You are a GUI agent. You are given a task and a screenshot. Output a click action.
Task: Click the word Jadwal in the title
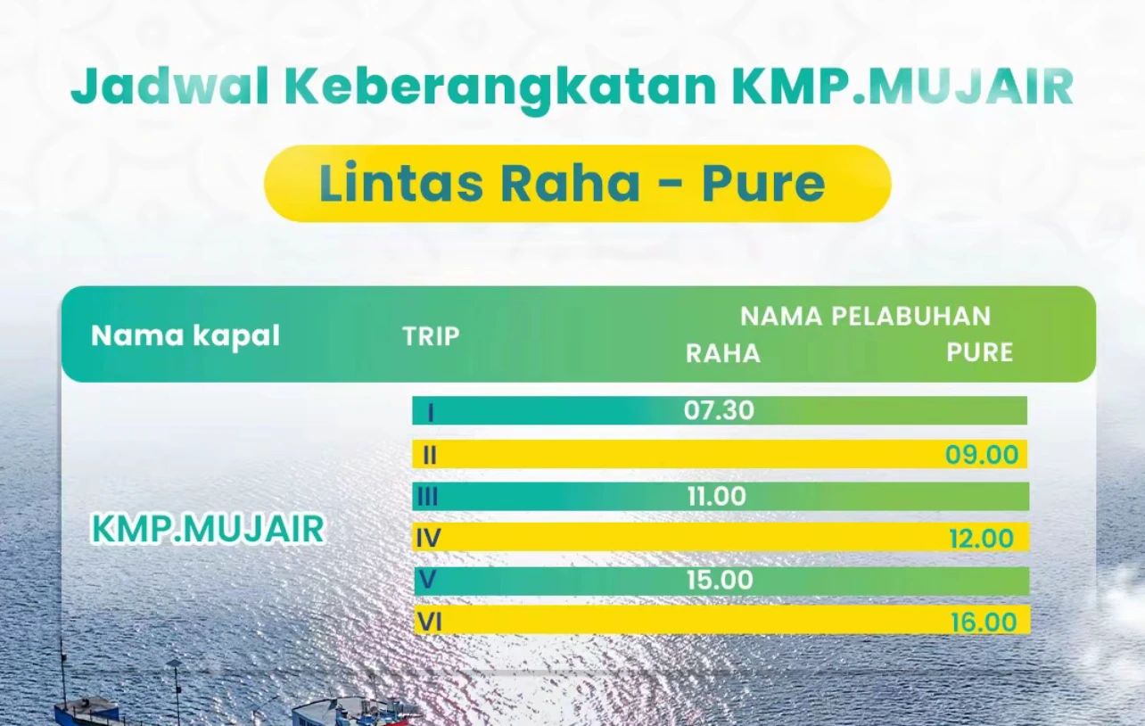coord(169,87)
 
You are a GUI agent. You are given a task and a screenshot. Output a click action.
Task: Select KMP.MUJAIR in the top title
coord(902,86)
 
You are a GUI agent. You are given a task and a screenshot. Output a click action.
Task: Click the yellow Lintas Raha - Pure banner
coord(578,184)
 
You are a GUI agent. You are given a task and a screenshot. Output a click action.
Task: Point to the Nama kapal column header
coord(185,336)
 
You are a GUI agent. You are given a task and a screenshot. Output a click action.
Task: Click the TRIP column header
coord(432,337)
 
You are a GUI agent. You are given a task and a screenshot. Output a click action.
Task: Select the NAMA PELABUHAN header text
coord(865,316)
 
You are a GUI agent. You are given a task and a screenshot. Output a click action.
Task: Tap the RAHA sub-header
coord(723,353)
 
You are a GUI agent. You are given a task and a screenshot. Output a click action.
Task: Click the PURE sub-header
coord(979,352)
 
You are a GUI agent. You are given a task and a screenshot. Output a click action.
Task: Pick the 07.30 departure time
coord(719,410)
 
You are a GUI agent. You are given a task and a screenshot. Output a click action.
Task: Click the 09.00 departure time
coord(982,455)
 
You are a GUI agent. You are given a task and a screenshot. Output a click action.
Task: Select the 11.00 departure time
coord(717,497)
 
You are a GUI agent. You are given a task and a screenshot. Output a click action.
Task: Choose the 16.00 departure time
coord(984,623)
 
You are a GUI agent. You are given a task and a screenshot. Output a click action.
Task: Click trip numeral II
coord(430,455)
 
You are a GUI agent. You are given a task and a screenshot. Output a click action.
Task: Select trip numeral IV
coord(428,538)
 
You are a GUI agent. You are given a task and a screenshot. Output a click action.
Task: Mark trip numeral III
coord(427,497)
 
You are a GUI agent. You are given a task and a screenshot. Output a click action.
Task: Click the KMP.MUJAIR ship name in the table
coord(208,529)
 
